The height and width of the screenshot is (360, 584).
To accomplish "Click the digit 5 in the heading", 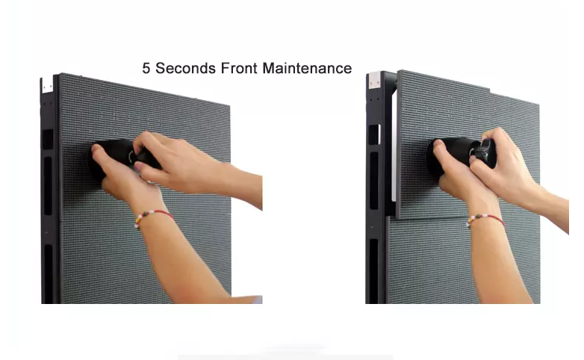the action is (x=146, y=68).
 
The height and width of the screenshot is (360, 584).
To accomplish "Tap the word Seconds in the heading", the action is (x=185, y=68).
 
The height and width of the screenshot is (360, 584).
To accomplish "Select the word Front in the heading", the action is (x=239, y=68).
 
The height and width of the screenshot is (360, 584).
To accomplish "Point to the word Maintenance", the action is (x=307, y=68).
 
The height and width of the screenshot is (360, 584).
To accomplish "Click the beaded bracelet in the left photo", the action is (x=152, y=217).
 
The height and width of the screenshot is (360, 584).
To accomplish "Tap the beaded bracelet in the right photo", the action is (x=485, y=220).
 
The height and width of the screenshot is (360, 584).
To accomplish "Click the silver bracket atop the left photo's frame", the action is (x=46, y=85).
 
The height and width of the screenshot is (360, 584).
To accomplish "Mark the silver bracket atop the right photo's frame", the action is (x=374, y=81).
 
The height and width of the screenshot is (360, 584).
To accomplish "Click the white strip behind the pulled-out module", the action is (x=394, y=146).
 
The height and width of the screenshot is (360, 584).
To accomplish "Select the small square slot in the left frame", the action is (x=47, y=140).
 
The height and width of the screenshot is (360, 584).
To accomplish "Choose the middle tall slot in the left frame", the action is (x=48, y=186).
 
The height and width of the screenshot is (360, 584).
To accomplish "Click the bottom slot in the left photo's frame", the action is (x=49, y=274).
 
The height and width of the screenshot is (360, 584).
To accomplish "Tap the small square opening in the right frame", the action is (x=374, y=134).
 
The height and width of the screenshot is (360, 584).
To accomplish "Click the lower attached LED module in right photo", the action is (x=429, y=261).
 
